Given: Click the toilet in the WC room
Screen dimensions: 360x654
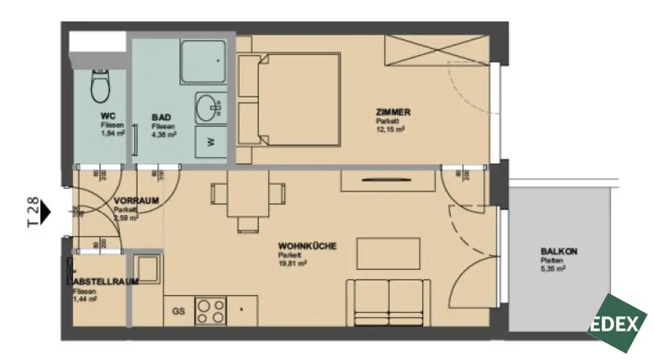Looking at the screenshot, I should [x=101, y=87].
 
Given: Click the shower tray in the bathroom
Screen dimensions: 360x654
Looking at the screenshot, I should [x=202, y=62].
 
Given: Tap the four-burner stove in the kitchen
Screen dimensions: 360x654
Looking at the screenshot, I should [x=210, y=311].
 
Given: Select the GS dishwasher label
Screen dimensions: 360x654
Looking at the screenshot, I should [x=178, y=311].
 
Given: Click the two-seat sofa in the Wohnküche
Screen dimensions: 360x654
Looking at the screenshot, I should [x=388, y=299].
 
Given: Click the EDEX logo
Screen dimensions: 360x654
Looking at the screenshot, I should [x=617, y=324].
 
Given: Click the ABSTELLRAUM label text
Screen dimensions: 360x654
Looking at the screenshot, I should [x=98, y=281].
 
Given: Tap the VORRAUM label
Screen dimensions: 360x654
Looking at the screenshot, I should [x=136, y=200].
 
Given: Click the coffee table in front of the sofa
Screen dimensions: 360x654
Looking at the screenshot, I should [x=388, y=253].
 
